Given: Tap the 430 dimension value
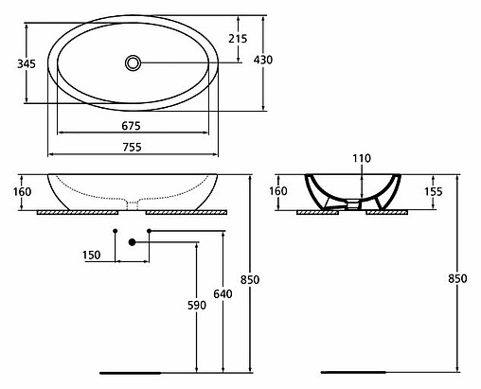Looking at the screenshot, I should pyautogui.click(x=264, y=60).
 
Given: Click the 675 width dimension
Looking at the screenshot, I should pyautogui.click(x=131, y=126).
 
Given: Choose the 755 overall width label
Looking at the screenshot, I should pyautogui.click(x=131, y=147).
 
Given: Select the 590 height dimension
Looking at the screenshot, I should pyautogui.click(x=195, y=306).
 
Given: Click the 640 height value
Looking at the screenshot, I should pyautogui.click(x=223, y=294).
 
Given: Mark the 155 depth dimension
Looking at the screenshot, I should pyautogui.click(x=432, y=191).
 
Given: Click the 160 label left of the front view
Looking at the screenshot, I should pyautogui.click(x=25, y=192).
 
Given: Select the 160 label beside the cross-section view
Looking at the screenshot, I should pyautogui.click(x=278, y=191).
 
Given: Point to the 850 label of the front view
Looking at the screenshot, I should pyautogui.click(x=250, y=279).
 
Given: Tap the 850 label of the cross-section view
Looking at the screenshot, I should pyautogui.click(x=455, y=279).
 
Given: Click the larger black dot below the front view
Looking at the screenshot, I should pyautogui.click(x=133, y=242).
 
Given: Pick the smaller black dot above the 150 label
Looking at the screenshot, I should pyautogui.click(x=116, y=230).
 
